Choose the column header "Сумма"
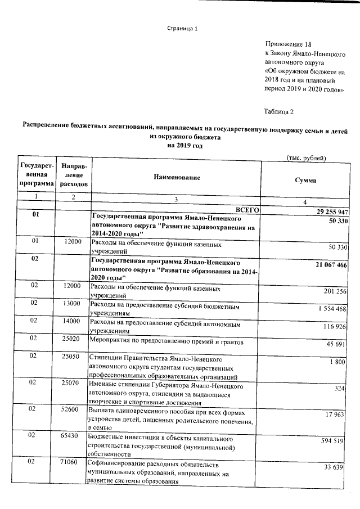pos(305,181)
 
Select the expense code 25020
pos(72,338)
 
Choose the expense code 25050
pos(72,356)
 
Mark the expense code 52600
pos(72,410)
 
